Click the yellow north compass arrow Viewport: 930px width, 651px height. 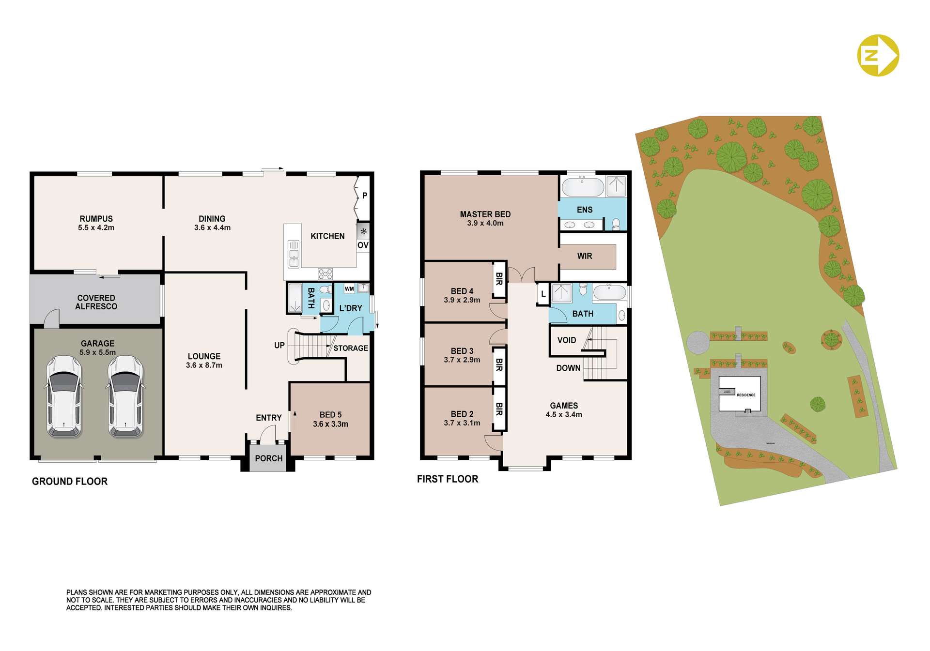878,55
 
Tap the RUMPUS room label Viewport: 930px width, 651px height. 96,219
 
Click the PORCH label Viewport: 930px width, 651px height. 268,458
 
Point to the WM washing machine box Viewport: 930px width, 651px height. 349,289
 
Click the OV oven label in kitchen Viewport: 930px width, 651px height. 363,245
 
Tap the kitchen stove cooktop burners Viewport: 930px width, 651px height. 325,274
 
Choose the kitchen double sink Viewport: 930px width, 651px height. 294,254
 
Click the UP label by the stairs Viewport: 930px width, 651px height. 279,345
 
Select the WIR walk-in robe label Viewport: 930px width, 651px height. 585,256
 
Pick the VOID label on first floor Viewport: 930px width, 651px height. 566,340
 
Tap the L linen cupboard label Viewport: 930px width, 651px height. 543,294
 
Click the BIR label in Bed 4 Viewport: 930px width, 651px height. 499,278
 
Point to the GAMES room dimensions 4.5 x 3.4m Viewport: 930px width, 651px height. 564,415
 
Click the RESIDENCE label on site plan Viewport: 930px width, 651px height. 746,395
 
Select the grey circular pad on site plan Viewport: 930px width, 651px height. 698,342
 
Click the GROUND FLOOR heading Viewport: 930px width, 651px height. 70,481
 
